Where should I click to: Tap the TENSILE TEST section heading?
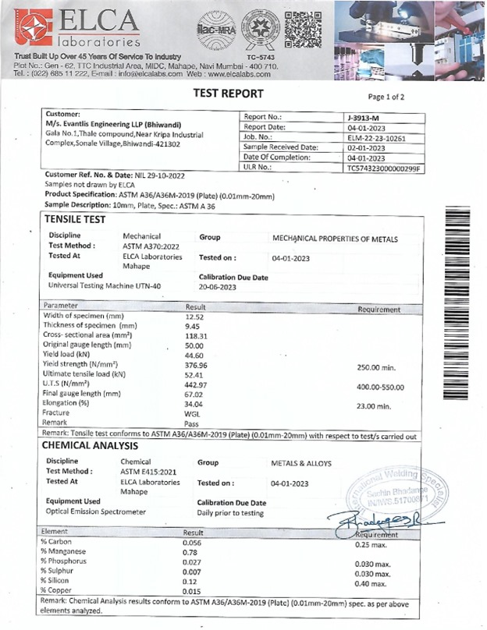[x=74, y=221]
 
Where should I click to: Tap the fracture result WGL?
[x=192, y=413]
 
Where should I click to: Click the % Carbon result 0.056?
[x=192, y=542]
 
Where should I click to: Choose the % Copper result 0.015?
[x=192, y=590]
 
